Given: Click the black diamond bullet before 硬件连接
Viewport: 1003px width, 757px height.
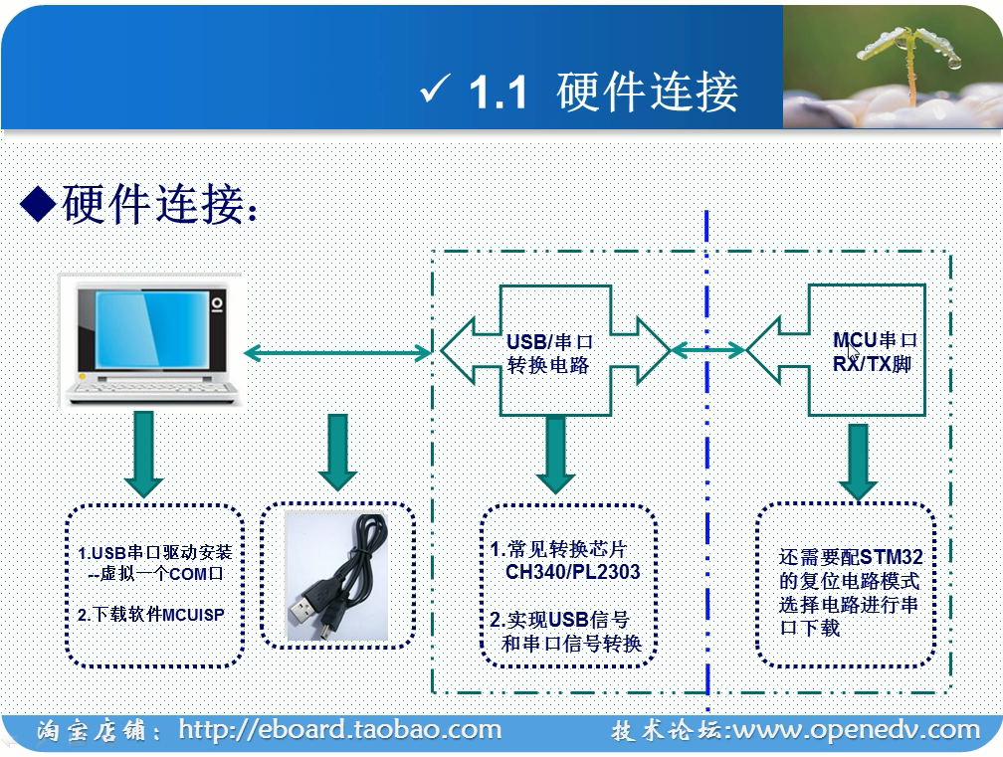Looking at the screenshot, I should (x=37, y=204).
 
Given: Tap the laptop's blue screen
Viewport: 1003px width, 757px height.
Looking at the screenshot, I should (x=143, y=332).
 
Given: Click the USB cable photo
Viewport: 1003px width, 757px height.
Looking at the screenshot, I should (x=337, y=576).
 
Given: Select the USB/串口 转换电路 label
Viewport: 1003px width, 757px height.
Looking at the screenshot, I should (x=547, y=353).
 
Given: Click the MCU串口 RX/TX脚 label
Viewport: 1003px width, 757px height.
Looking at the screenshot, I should (x=874, y=353).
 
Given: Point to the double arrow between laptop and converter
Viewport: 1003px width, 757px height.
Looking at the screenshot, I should (x=337, y=351).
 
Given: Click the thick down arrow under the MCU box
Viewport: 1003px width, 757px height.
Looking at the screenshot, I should (x=857, y=461).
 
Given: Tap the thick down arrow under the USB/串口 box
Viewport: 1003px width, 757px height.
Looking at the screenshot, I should (x=555, y=454).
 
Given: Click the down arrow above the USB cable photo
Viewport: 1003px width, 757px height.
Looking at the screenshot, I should (x=337, y=451).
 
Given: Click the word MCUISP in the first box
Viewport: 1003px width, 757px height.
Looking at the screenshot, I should (x=193, y=615).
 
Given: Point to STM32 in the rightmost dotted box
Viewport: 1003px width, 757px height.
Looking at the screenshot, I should (x=891, y=556).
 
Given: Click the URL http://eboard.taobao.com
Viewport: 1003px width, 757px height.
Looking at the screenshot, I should (x=340, y=730).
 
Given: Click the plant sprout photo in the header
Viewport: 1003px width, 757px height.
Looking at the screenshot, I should (x=892, y=66).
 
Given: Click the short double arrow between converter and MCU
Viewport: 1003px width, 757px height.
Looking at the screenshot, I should (x=708, y=350).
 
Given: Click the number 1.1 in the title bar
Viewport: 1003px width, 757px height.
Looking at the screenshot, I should (x=497, y=93).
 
